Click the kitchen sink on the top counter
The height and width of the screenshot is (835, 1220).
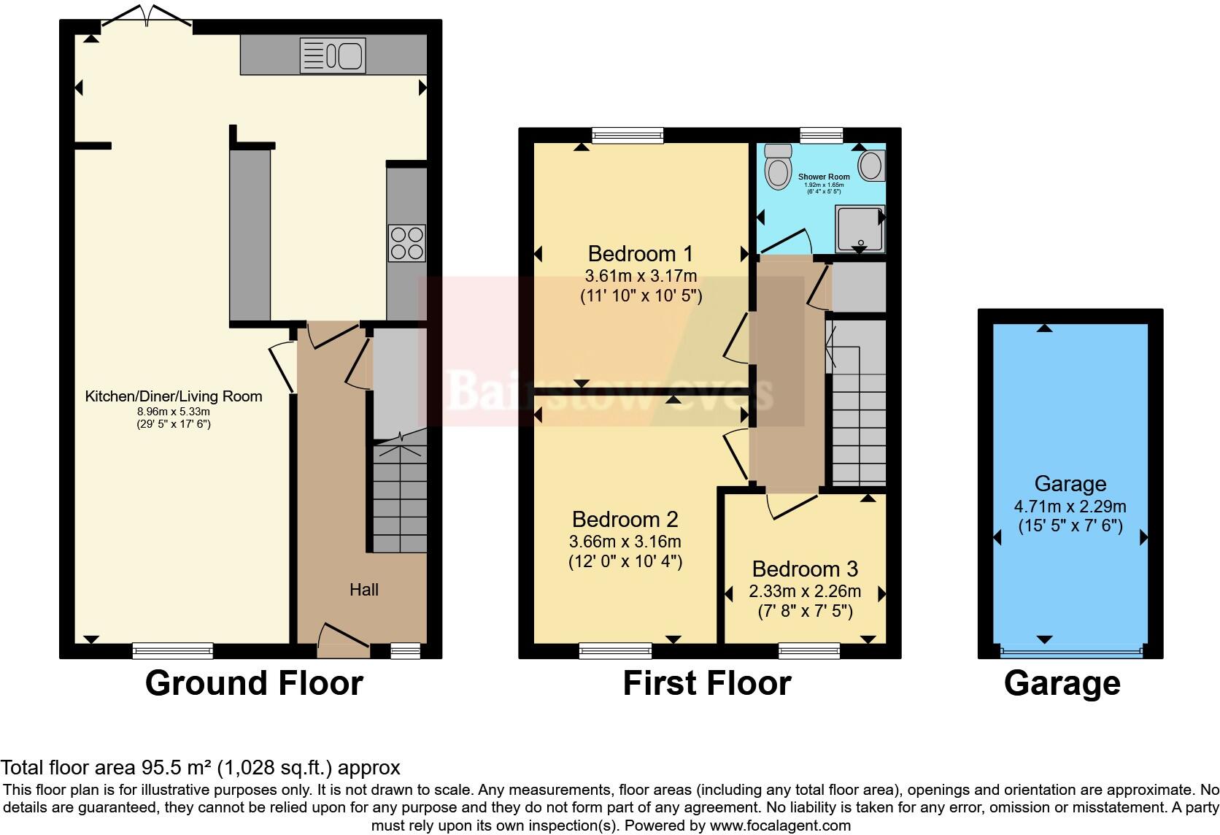coord(333,55)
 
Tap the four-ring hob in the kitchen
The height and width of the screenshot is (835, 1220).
coord(407,244)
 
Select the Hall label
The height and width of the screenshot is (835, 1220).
coord(363,590)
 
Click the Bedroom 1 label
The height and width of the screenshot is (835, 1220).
coord(640,254)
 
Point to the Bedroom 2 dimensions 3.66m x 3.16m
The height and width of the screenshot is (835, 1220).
coord(625,542)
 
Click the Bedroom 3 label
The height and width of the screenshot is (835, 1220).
coord(805,569)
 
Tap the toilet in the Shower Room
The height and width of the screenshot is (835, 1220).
coord(779,167)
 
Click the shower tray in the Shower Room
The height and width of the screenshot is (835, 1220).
coord(860,229)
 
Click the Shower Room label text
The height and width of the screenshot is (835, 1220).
coord(824,177)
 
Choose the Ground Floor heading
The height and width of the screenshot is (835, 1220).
coord(254,683)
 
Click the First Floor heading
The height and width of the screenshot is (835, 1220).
coord(706,683)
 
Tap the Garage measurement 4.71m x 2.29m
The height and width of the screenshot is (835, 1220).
coord(1070,507)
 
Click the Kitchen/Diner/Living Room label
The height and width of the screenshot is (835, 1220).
coord(174,396)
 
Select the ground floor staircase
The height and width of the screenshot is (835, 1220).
coord(400,496)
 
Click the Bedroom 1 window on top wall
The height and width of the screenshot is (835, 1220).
coord(628,134)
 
